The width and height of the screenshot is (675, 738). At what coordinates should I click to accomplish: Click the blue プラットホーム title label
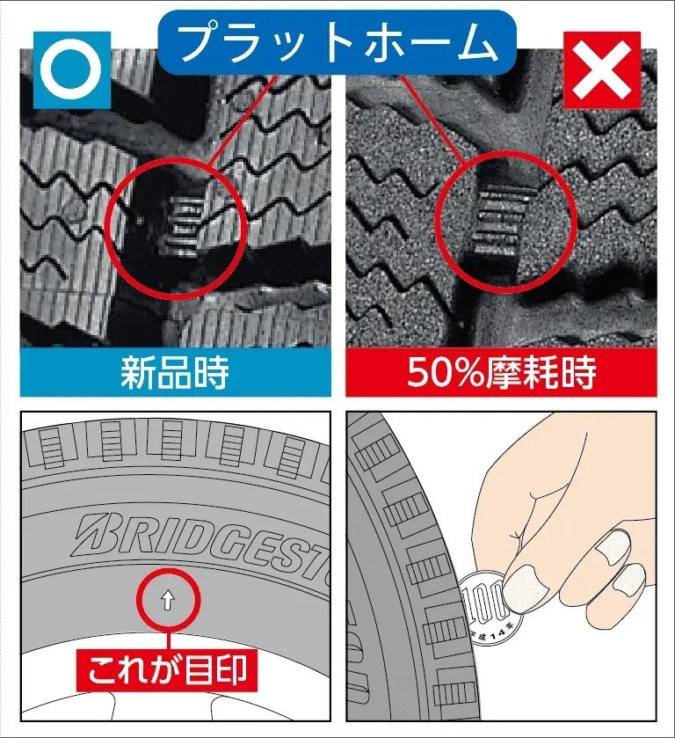coord(337,42)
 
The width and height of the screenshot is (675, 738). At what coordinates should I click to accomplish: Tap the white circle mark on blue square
coord(71,70)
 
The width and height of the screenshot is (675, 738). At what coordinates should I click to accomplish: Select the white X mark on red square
coord(602,70)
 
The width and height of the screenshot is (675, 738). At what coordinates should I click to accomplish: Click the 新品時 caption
coord(175,372)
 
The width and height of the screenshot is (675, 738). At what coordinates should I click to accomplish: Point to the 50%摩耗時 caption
coord(502,372)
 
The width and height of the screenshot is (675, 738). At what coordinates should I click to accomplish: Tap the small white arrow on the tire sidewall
coord(168,601)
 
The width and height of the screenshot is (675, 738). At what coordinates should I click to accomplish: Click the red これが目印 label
coord(167,669)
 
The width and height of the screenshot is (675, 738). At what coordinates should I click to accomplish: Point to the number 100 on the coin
coord(483,600)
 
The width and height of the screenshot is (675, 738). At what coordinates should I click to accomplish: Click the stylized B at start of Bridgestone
coord(95,532)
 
